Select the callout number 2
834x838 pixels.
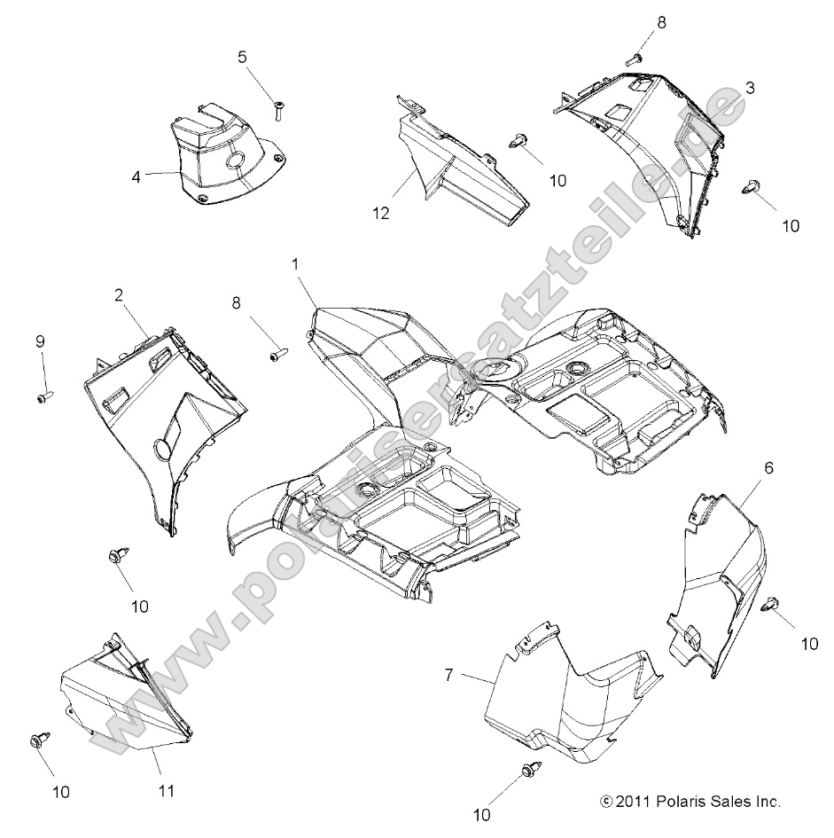(119, 297)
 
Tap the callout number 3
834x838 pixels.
(749, 88)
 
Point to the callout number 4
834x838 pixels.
(136, 176)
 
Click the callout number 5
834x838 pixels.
(242, 58)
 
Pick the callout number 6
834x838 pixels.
(768, 467)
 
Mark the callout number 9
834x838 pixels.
(40, 341)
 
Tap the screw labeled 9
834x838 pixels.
(42, 396)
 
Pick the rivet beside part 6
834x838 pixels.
(771, 604)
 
